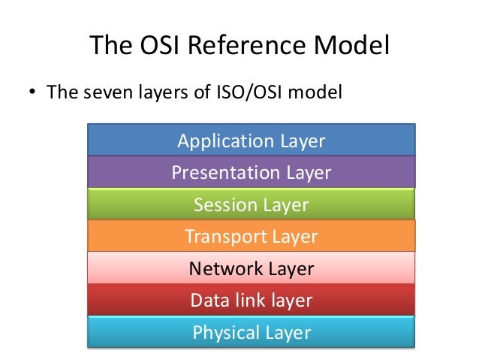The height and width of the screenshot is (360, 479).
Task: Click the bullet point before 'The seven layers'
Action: pos(33,95)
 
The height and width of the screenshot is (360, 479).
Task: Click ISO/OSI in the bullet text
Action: pos(248,94)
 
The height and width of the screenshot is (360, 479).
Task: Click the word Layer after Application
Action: pos(302,141)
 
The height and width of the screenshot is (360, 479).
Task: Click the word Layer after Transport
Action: pos(294,237)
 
